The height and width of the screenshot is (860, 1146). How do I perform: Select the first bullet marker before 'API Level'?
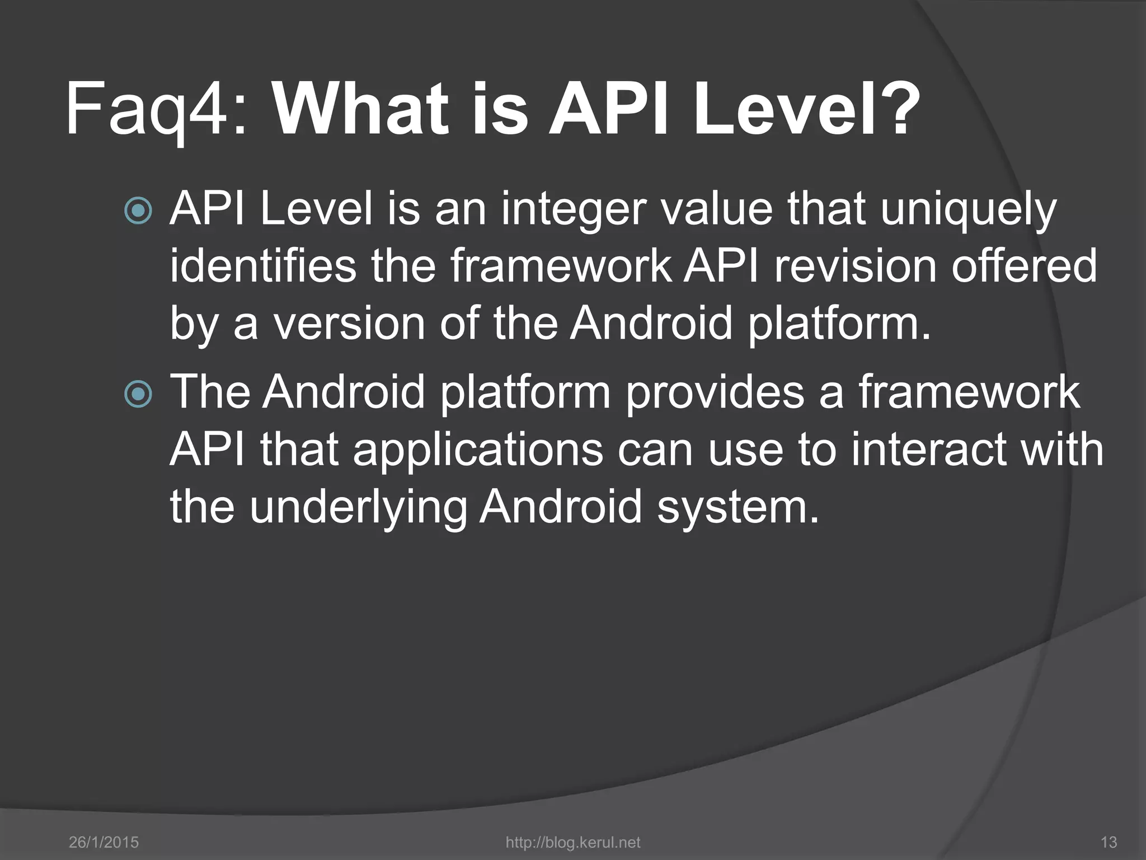pyautogui.click(x=138, y=212)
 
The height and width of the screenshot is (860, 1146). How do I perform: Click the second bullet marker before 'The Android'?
pyautogui.click(x=138, y=394)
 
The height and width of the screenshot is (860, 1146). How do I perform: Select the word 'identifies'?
pyautogui.click(x=263, y=267)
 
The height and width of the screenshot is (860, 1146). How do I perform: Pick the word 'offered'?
pyautogui.click(x=1024, y=267)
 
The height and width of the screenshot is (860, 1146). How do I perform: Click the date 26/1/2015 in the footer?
pyautogui.click(x=104, y=842)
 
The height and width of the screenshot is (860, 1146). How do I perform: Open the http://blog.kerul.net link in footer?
pyautogui.click(x=572, y=842)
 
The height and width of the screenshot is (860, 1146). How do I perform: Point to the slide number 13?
pyautogui.click(x=1108, y=842)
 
